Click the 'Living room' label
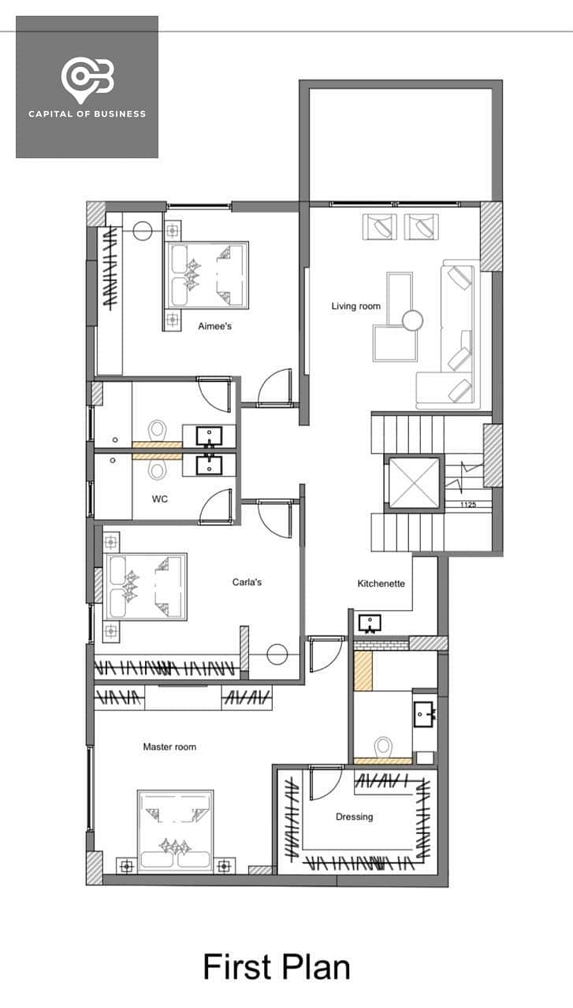[356, 306]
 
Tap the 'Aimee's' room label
[215, 326]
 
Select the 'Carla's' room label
[247, 582]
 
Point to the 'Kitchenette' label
[381, 584]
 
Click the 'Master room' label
[169, 747]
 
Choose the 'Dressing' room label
[355, 817]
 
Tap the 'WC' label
[159, 498]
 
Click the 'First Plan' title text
[277, 966]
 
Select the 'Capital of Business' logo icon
[87, 80]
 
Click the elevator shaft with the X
[414, 484]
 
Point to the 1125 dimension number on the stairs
[468, 505]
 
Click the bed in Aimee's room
[207, 275]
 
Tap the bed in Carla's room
[145, 587]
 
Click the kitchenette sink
[370, 624]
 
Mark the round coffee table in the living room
[412, 321]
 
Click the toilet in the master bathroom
[383, 747]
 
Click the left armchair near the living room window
[380, 227]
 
